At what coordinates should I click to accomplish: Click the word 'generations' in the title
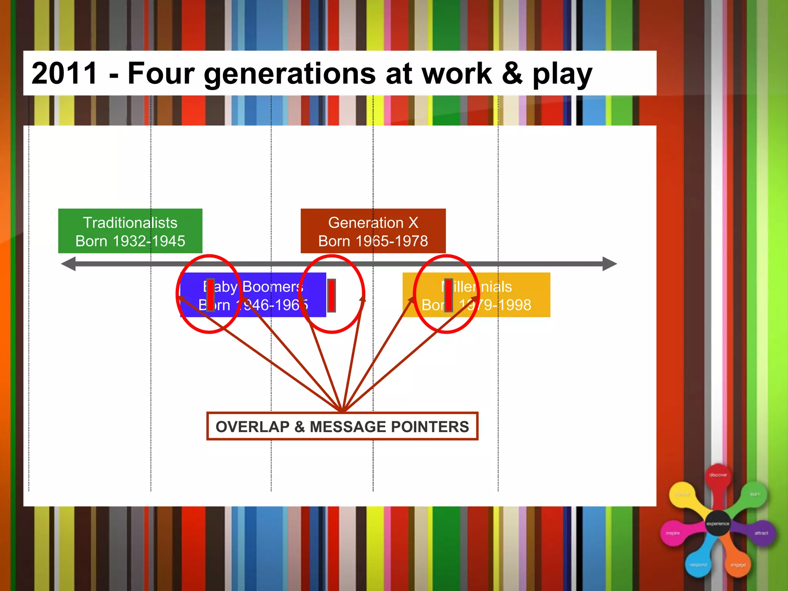click(x=290, y=74)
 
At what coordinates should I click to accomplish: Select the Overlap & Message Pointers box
click(x=342, y=426)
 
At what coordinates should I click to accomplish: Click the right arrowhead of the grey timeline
click(x=609, y=264)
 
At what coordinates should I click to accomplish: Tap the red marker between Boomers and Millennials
click(x=331, y=295)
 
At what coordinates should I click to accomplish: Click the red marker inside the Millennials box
click(x=448, y=295)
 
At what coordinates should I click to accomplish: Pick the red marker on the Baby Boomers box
click(x=210, y=295)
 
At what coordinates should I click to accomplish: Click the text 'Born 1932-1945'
click(x=130, y=241)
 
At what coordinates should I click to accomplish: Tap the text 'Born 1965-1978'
click(x=373, y=241)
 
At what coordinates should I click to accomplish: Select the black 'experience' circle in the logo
click(x=718, y=523)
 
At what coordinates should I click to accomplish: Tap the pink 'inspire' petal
click(x=673, y=533)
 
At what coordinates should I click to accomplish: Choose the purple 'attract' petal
click(x=761, y=533)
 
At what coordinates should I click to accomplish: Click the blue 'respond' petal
click(x=698, y=564)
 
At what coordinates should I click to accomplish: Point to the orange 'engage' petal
click(x=738, y=564)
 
